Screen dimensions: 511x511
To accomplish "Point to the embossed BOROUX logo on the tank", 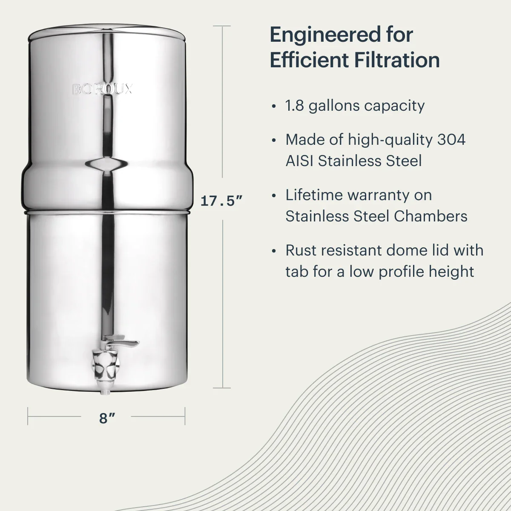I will pyautogui.click(x=102, y=89).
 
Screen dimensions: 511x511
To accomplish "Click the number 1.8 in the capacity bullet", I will pyautogui.click(x=294, y=106).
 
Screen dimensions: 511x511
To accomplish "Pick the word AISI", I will pyautogui.click(x=299, y=161).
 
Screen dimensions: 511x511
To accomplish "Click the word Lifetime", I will pyautogui.click(x=314, y=195).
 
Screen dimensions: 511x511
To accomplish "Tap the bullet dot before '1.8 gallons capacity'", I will pyautogui.click(x=274, y=106).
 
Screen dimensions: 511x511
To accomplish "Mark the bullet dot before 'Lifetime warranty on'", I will pyautogui.click(x=274, y=196).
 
